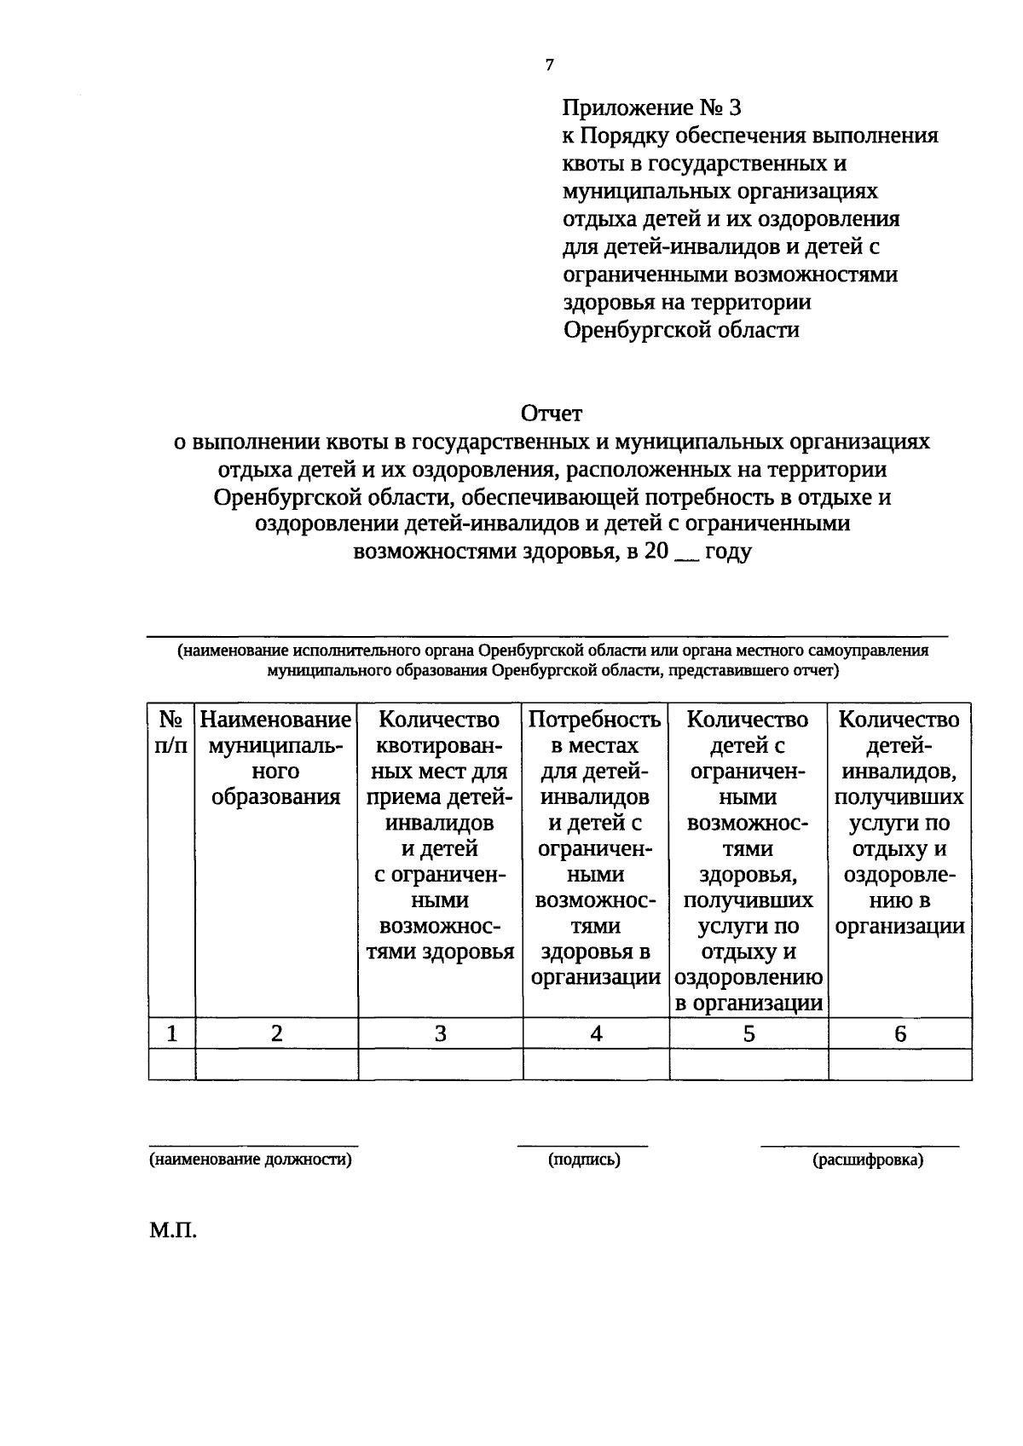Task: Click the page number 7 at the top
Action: click(550, 65)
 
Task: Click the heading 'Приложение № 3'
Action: click(652, 108)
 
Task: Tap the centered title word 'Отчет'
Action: click(552, 414)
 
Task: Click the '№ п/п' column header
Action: click(171, 732)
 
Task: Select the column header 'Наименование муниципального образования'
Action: click(276, 758)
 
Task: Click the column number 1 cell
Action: click(172, 1033)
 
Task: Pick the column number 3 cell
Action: click(440, 1033)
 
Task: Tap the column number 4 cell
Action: click(596, 1033)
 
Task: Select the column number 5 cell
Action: click(748, 1033)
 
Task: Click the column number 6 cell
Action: click(900, 1033)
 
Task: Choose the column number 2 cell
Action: click(276, 1033)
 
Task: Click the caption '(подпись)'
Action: click(584, 1160)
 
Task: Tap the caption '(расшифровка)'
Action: click(868, 1160)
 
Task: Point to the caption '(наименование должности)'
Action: click(251, 1160)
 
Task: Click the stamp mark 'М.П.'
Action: click(173, 1231)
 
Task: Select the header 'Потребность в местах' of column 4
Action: click(595, 732)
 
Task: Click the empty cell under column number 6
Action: click(900, 1064)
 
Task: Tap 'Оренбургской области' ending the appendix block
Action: click(681, 330)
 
